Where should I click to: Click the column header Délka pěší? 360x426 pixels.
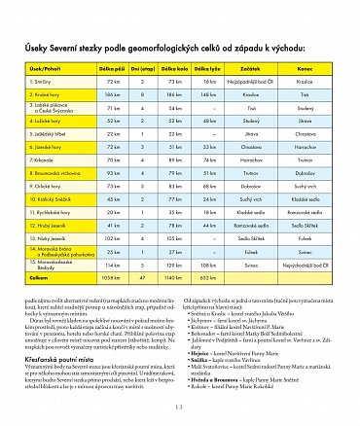111,70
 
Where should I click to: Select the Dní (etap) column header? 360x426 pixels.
144,70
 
